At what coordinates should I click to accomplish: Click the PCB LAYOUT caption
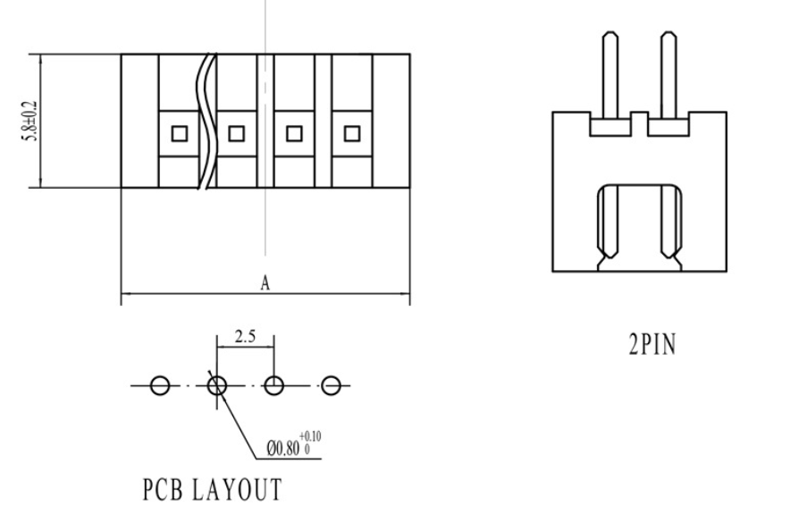(x=212, y=490)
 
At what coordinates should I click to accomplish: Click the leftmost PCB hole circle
(x=159, y=385)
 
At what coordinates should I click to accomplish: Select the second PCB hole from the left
(x=217, y=385)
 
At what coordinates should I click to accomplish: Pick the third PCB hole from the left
(x=274, y=385)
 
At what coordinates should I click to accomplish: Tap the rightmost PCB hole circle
(x=332, y=385)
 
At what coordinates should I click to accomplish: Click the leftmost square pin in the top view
(x=179, y=134)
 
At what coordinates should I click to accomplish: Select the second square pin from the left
(x=236, y=134)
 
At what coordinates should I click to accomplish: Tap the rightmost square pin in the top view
(x=351, y=134)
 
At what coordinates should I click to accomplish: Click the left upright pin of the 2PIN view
(x=609, y=76)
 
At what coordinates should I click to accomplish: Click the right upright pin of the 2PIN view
(x=668, y=76)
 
